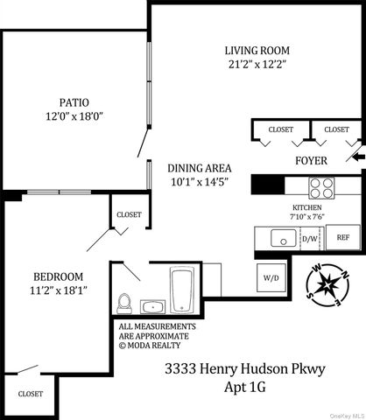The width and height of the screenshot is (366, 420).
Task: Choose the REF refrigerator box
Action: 342,237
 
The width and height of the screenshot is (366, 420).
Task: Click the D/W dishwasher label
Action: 310,237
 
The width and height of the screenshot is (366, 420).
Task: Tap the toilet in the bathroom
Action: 125,302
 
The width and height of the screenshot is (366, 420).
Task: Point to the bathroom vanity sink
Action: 152,306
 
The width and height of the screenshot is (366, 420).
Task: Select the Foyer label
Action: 311,162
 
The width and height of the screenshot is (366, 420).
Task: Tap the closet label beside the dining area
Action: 129,213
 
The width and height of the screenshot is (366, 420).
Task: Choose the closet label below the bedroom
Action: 31,394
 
